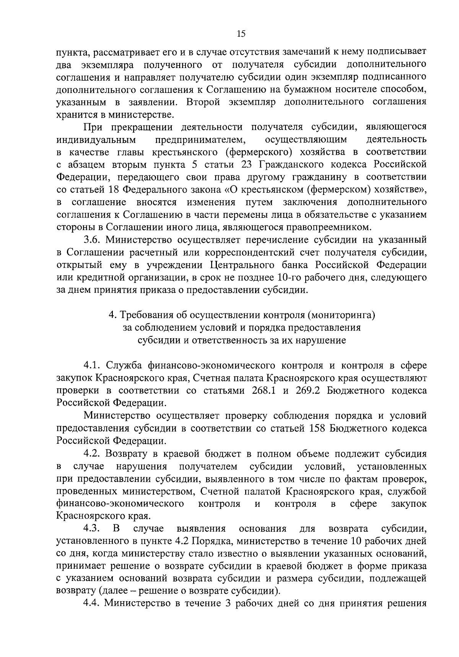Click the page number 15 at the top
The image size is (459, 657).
coord(241,34)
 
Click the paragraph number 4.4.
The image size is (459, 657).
coord(92,604)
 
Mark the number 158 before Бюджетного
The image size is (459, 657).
coord(316,428)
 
